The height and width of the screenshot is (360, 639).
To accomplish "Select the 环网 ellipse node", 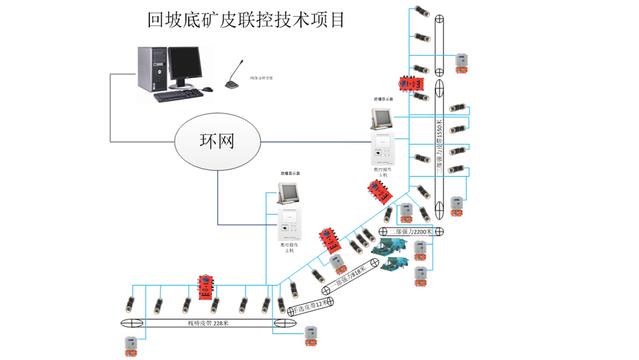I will [x=218, y=140].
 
